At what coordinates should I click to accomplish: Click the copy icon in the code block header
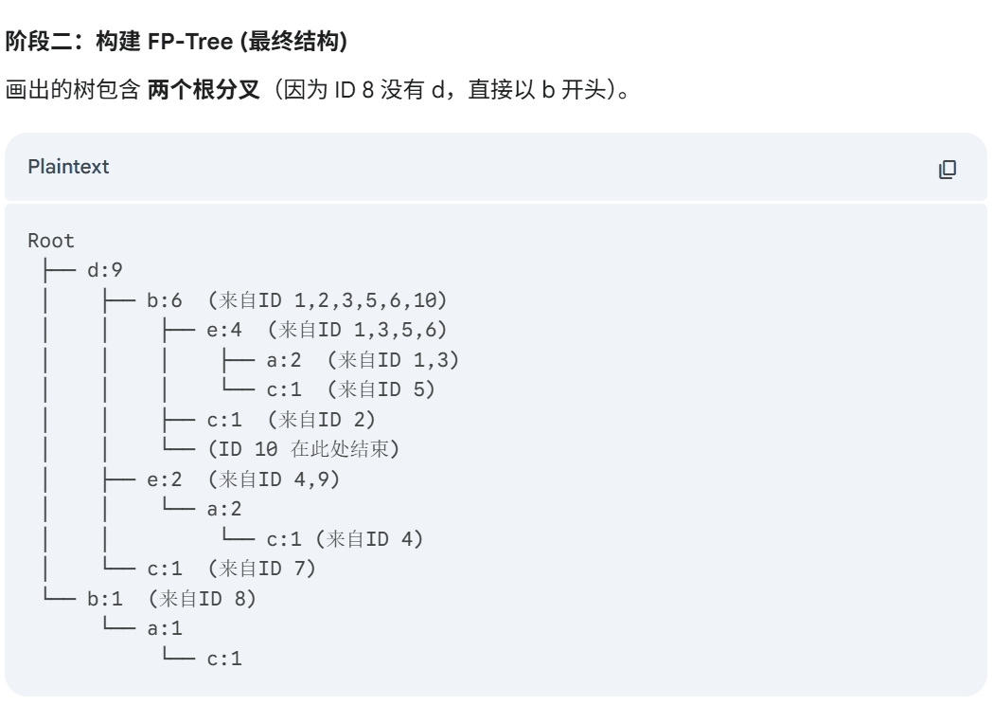click(947, 170)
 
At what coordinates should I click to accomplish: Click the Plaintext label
click(68, 167)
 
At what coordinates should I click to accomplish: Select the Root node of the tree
click(51, 241)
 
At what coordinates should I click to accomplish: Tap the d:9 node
click(105, 271)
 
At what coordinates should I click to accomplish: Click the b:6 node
click(165, 300)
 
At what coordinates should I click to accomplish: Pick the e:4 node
click(224, 330)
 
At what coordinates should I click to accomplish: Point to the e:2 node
click(165, 479)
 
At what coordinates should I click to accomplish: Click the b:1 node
click(105, 599)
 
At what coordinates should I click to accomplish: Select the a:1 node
click(165, 628)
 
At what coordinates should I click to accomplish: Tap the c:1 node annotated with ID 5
click(284, 389)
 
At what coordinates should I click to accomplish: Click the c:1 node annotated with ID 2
click(224, 420)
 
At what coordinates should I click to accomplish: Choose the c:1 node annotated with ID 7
click(165, 569)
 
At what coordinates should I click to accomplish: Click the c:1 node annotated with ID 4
click(284, 539)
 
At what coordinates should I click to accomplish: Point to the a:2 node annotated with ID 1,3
click(284, 360)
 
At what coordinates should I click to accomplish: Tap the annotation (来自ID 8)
click(203, 599)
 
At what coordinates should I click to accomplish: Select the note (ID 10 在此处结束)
click(303, 449)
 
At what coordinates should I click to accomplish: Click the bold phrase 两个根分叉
click(204, 92)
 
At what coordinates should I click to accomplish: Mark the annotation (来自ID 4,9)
click(274, 479)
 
